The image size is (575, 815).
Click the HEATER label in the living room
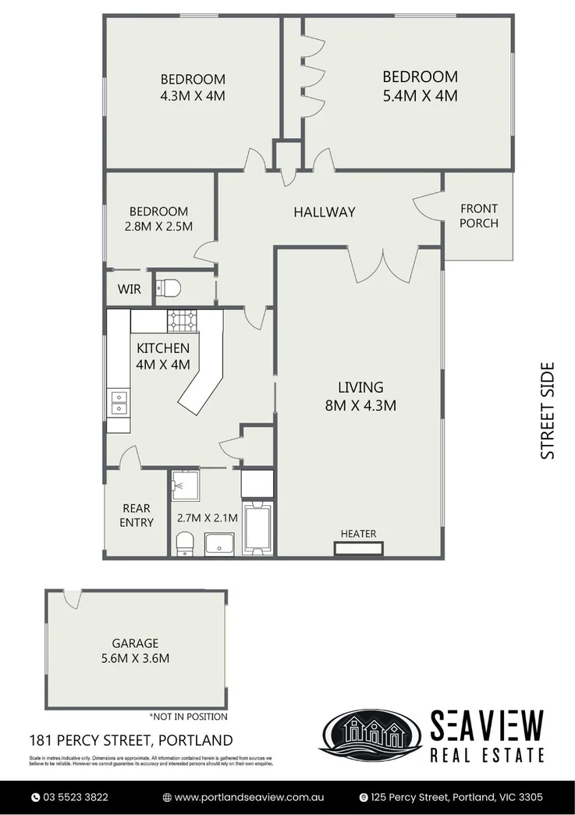358,534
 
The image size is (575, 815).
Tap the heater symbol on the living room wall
359,549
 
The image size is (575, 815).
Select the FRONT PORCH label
478,215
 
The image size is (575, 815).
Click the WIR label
129,289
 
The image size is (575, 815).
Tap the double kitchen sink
119,402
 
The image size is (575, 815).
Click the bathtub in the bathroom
257,528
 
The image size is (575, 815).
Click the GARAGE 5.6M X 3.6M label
135,650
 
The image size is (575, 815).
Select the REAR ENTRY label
137,515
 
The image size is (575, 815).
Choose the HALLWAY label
324,212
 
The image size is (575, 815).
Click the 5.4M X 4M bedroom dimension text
419,96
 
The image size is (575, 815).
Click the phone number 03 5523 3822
75,797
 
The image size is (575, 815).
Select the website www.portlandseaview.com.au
248,797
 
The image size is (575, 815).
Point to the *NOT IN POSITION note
188,716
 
